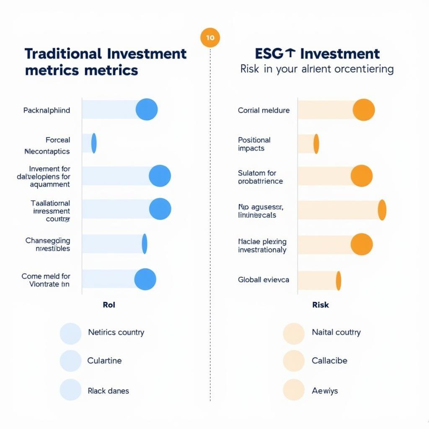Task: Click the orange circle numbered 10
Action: (x=210, y=38)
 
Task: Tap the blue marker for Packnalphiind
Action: (x=147, y=109)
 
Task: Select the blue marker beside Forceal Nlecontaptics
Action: (x=94, y=143)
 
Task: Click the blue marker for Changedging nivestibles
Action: (x=145, y=244)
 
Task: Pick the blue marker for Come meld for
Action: (x=145, y=279)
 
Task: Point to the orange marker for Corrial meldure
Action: (x=364, y=110)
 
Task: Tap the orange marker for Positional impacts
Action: (x=316, y=144)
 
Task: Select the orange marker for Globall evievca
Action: (x=339, y=281)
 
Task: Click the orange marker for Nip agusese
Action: (x=382, y=210)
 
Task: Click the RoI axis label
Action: (x=109, y=305)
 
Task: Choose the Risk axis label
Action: (x=320, y=305)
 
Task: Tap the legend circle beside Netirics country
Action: (x=70, y=333)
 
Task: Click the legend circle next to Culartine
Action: (x=70, y=361)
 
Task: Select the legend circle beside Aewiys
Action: (x=293, y=390)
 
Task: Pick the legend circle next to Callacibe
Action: (x=293, y=361)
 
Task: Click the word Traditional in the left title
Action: (x=63, y=54)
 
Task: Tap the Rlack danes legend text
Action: (x=108, y=391)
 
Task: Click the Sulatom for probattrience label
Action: (x=260, y=177)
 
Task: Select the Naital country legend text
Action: (x=336, y=332)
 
